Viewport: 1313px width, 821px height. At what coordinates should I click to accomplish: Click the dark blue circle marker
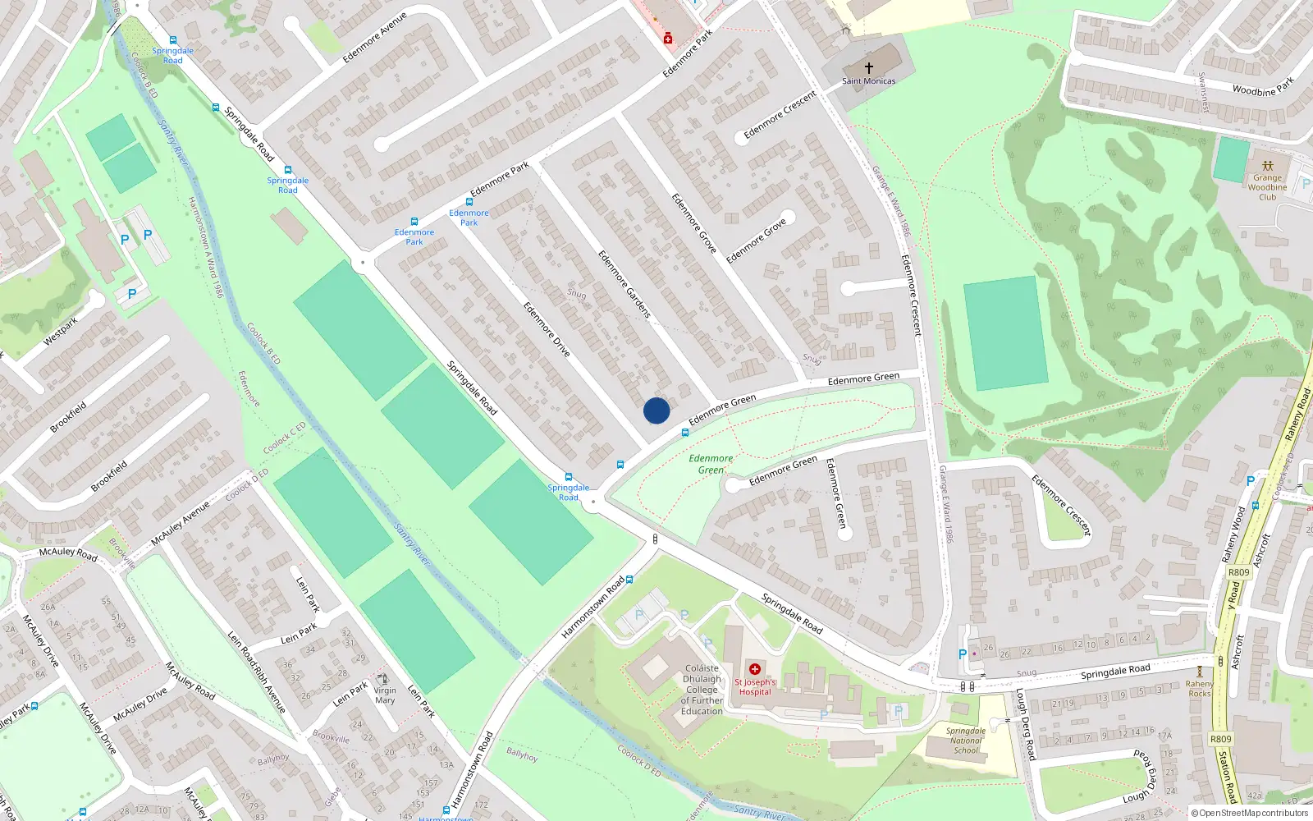[x=656, y=410]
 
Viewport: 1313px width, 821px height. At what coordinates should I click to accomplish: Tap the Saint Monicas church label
[x=868, y=80]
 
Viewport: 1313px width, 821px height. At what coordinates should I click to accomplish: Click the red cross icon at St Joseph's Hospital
[x=755, y=669]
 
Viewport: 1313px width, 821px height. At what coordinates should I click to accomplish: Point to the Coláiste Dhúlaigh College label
[x=702, y=690]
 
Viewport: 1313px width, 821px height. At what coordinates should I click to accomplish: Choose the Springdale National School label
[x=966, y=741]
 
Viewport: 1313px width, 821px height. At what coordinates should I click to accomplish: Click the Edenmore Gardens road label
[x=624, y=284]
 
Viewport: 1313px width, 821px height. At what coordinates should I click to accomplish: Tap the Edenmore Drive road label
[x=547, y=329]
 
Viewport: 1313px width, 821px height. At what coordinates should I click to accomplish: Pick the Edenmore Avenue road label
[x=374, y=38]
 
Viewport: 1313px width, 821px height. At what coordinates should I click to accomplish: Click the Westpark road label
[x=60, y=331]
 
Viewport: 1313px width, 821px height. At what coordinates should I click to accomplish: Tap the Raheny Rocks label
[x=1199, y=688]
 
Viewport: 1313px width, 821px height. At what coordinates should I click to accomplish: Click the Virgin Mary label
[x=385, y=695]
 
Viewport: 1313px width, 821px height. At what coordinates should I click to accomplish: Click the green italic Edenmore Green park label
[x=711, y=464]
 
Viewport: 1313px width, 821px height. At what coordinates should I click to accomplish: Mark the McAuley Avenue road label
[x=181, y=524]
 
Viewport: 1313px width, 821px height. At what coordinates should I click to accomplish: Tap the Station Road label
[x=1227, y=776]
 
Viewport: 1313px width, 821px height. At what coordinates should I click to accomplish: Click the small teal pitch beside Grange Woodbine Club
[x=1231, y=160]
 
